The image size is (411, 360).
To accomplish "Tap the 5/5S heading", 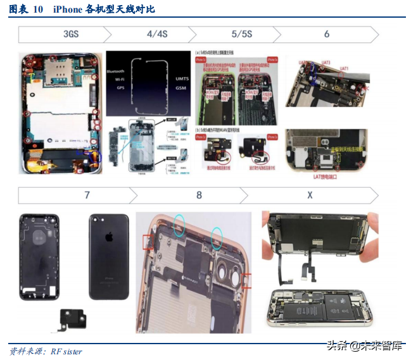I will click(x=242, y=34).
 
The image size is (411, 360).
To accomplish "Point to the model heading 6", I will click(x=327, y=34).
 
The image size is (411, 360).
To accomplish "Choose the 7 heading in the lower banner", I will click(x=87, y=195).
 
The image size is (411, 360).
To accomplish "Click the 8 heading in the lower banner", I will click(x=199, y=195).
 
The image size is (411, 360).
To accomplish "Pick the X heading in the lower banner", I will click(x=310, y=195).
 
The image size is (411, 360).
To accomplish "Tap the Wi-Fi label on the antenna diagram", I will click(x=117, y=80).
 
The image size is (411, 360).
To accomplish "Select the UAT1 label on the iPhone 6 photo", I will click(x=344, y=68).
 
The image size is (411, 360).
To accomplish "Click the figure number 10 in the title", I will click(x=38, y=9).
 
